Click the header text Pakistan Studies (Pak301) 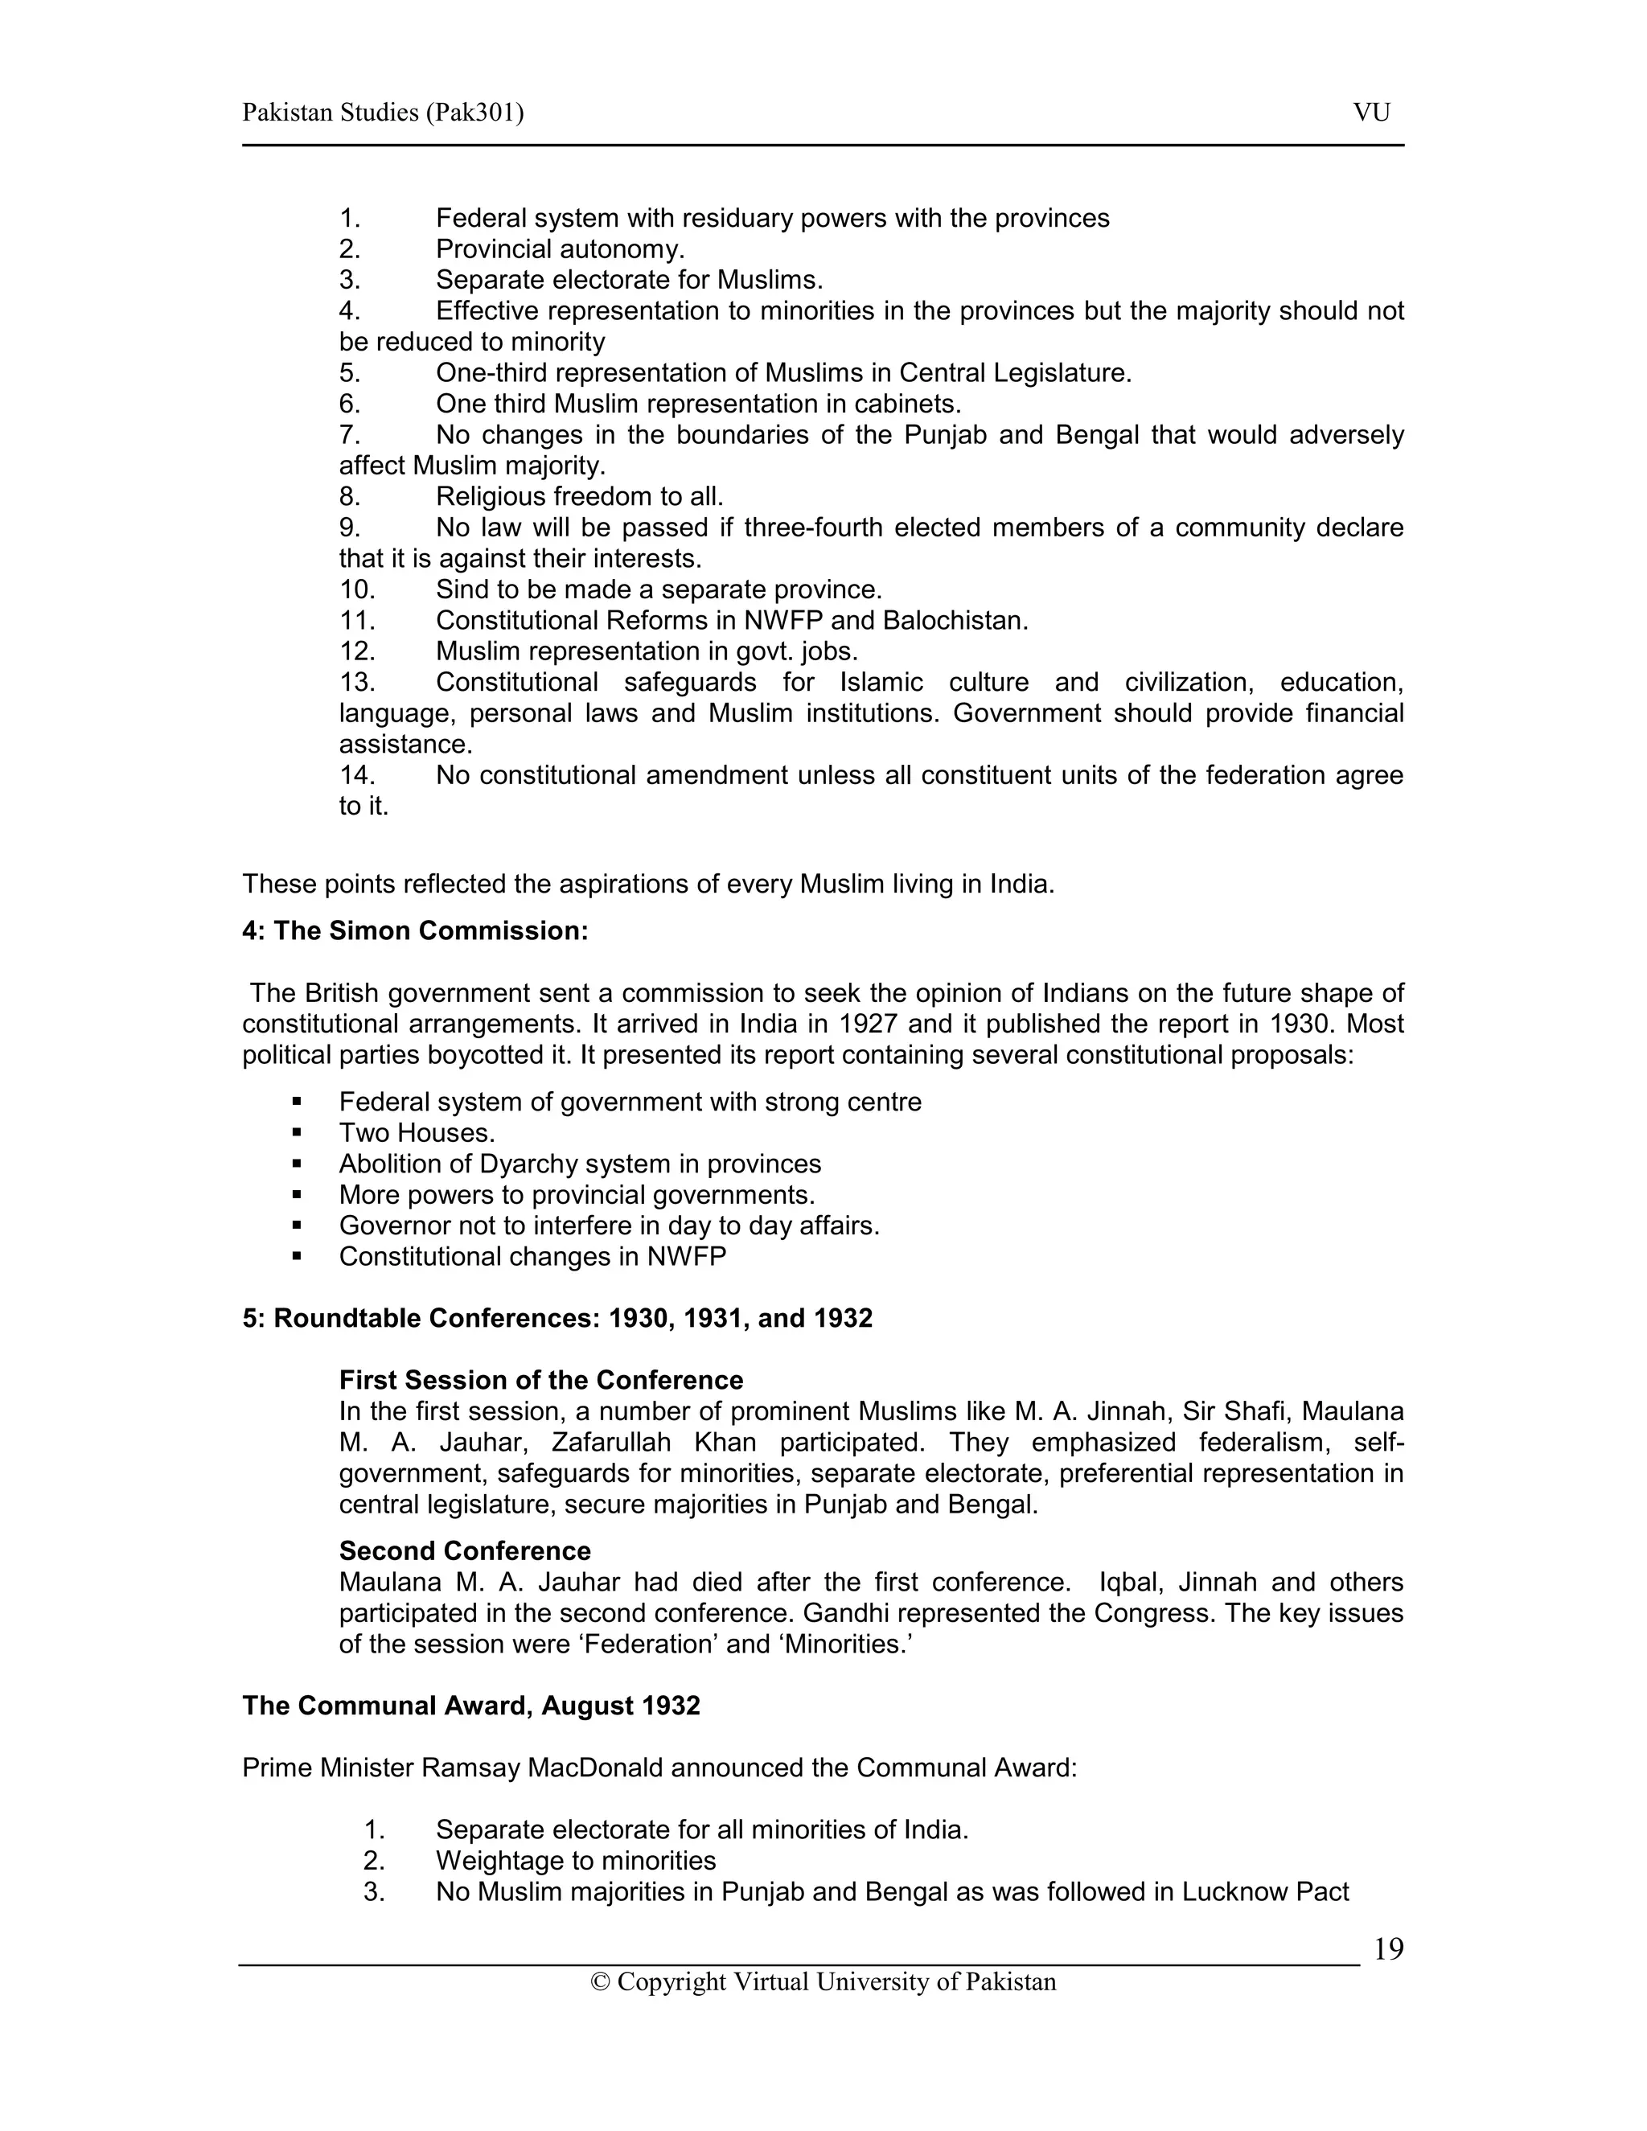383,113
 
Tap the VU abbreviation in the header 1371,113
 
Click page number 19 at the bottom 1387,1949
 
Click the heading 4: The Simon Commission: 415,931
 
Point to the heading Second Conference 465,1551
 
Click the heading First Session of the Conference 540,1381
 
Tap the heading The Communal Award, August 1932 471,1706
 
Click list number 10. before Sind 356,590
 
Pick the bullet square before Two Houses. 297,1134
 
